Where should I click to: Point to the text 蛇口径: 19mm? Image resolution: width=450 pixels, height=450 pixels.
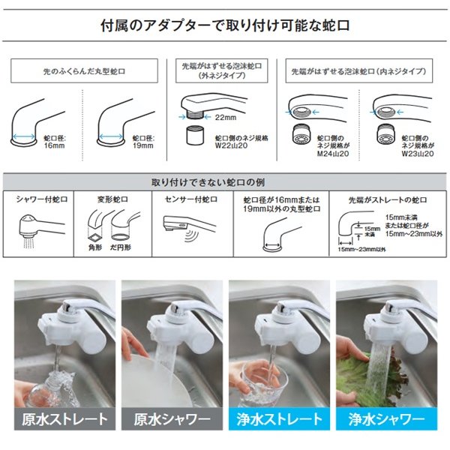coord(143,142)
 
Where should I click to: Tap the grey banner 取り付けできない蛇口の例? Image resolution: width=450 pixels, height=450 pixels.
coord(225,182)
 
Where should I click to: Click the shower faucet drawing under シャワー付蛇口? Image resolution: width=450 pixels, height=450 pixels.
coord(40,224)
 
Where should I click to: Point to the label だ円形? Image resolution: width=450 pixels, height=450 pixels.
coord(122,245)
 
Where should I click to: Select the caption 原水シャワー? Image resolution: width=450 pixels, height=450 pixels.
coord(172,418)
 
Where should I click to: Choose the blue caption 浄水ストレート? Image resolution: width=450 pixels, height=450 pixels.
coord(279,418)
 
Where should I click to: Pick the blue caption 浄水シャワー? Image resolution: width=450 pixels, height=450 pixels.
coord(388,418)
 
